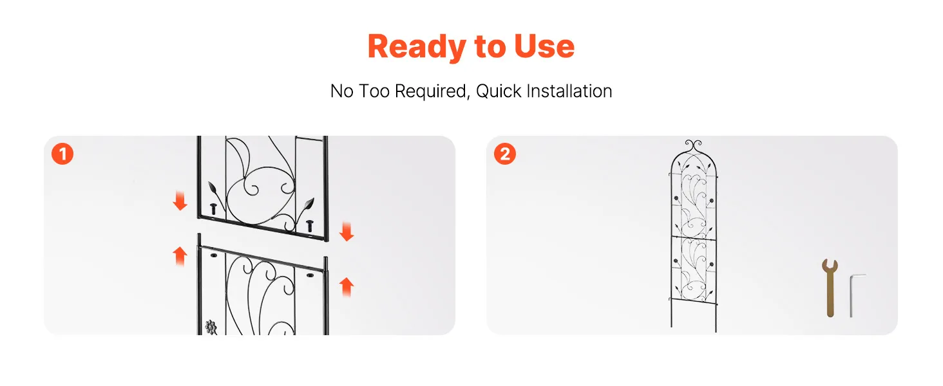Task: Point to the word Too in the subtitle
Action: tap(374, 91)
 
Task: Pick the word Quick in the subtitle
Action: tap(499, 91)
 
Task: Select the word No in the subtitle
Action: tap(342, 91)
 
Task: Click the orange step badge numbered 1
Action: tap(62, 154)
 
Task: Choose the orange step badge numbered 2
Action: tap(505, 154)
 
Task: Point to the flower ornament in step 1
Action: tap(211, 327)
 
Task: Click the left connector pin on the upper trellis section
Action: tap(213, 208)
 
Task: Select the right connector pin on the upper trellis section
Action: tap(310, 225)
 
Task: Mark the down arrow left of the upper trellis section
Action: tap(180, 201)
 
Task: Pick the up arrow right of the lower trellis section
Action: tap(347, 287)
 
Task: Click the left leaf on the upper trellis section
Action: tap(213, 188)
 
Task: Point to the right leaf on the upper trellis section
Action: tap(309, 205)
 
